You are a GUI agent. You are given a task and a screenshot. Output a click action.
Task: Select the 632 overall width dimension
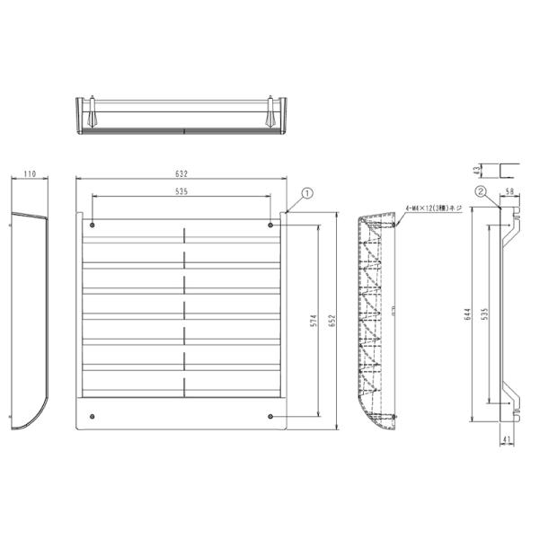pos(182,173)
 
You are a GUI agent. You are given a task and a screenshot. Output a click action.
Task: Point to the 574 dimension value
pos(312,322)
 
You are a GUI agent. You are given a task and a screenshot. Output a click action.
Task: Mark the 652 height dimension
pos(332,322)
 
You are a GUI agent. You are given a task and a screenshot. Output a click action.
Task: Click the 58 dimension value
pos(508,192)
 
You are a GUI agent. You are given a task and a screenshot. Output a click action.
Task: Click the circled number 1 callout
pos(306,191)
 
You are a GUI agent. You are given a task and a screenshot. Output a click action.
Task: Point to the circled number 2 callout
pos(482,191)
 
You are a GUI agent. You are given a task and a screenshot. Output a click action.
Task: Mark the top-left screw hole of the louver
pos(93,225)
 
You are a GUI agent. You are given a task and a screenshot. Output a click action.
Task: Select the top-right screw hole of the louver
pos(271,225)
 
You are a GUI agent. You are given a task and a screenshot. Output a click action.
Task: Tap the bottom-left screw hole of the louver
pos(93,416)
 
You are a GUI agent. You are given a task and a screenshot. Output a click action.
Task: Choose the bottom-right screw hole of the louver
pos(271,416)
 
